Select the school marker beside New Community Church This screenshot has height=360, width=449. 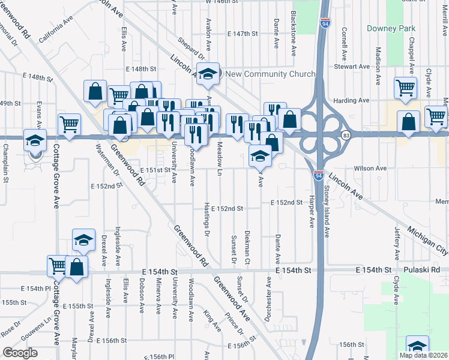coord(208,74)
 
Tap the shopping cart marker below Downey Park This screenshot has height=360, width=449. coord(406,88)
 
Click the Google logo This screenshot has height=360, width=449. coord(20,353)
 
